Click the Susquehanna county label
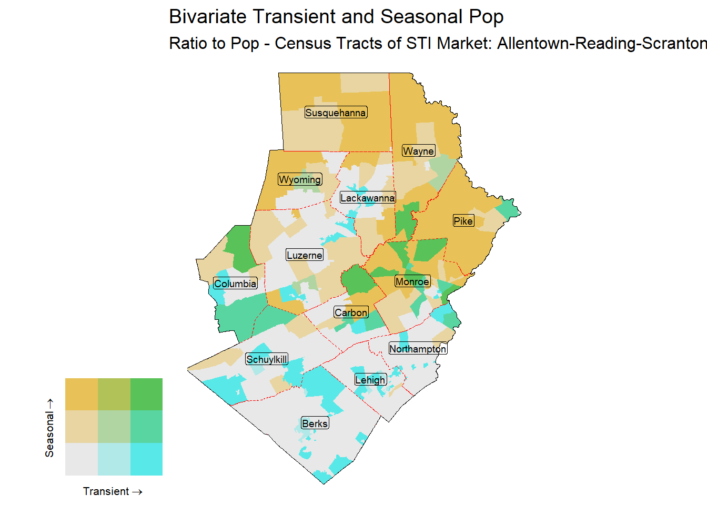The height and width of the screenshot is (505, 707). [x=336, y=113]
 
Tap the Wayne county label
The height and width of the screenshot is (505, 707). [x=418, y=151]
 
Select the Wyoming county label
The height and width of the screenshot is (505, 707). [x=300, y=179]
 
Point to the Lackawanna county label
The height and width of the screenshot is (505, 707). [x=367, y=198]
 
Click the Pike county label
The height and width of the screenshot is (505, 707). [x=463, y=221]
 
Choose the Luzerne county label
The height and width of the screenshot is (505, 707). [x=304, y=255]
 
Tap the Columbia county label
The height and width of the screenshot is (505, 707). [x=235, y=284]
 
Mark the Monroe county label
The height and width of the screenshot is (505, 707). [x=412, y=281]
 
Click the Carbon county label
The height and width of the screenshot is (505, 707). [x=351, y=312]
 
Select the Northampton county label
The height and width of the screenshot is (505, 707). [x=418, y=349]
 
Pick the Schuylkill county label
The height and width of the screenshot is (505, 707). [x=267, y=359]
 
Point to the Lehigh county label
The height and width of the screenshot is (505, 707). [x=370, y=380]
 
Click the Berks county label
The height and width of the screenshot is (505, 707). [x=315, y=423]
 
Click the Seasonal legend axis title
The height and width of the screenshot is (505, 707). [x=49, y=427]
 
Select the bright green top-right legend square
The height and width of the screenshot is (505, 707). [x=146, y=394]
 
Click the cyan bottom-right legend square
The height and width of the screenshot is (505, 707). [x=146, y=459]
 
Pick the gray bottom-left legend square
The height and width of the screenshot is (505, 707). [x=81, y=459]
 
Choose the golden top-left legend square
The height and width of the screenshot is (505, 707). [x=81, y=394]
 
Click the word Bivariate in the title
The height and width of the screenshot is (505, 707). [x=207, y=17]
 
